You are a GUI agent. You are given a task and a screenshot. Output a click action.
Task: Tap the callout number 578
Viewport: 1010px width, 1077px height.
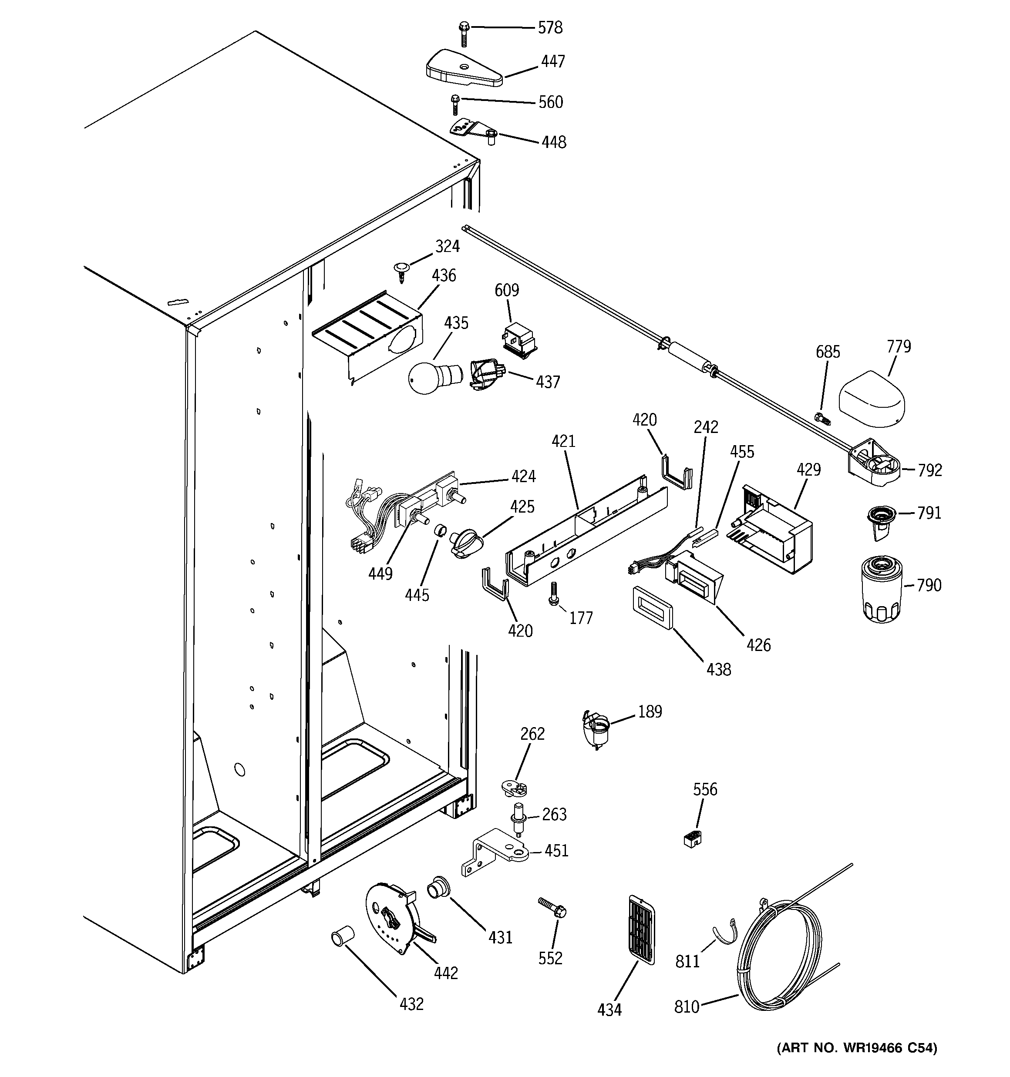coord(550,27)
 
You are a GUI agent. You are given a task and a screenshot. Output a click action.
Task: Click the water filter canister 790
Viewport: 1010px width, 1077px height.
coord(881,589)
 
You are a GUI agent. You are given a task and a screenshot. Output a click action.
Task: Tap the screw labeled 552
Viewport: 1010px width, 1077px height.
coord(552,907)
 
